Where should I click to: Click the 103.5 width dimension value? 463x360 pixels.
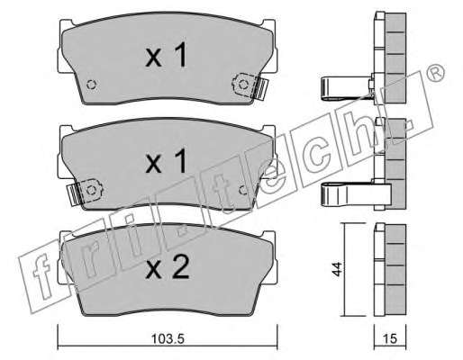click(x=168, y=339)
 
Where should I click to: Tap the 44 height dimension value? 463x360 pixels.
click(x=337, y=269)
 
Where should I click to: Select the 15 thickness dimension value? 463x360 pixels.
click(x=390, y=339)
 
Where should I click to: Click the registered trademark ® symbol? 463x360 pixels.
click(x=435, y=73)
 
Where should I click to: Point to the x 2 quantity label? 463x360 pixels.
click(x=168, y=267)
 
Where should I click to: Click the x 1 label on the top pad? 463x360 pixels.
click(x=166, y=54)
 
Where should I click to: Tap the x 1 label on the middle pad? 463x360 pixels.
click(x=166, y=161)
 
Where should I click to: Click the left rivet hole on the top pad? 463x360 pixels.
click(x=91, y=85)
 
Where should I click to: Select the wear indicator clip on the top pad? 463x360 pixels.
click(x=250, y=86)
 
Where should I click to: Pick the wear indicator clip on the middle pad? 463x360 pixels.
click(x=85, y=193)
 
